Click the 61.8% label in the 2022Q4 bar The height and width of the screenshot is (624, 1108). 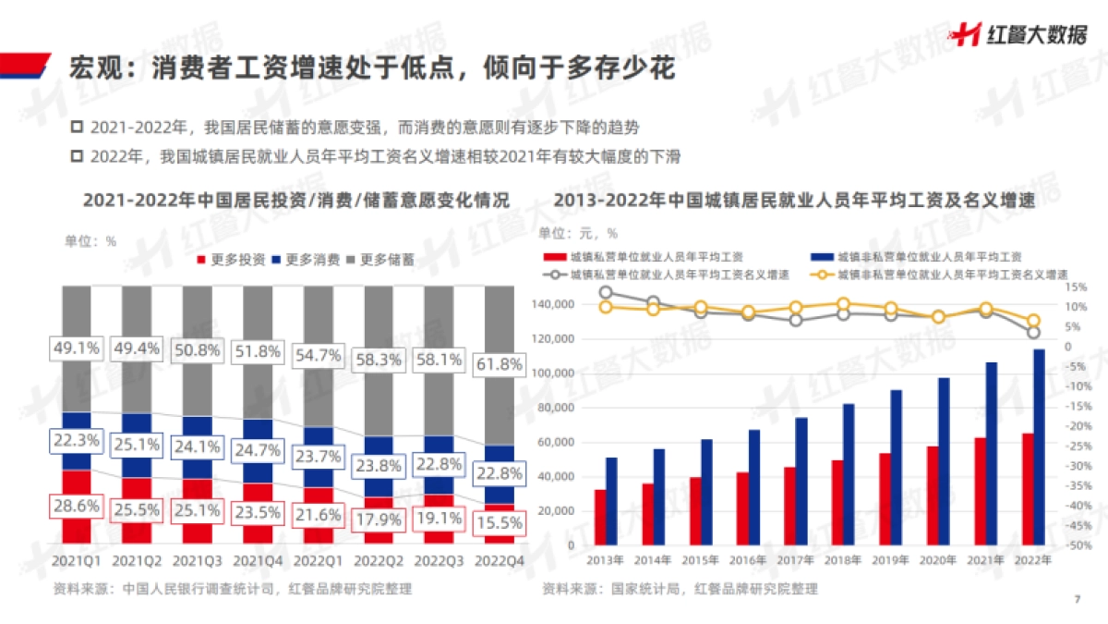pyautogui.click(x=499, y=365)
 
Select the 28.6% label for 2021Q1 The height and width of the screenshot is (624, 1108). pyautogui.click(x=77, y=507)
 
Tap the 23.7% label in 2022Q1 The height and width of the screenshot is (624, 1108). pyautogui.click(x=319, y=457)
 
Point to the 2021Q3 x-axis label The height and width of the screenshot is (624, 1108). pyautogui.click(x=198, y=560)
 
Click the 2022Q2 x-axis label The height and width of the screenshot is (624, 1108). pyautogui.click(x=379, y=560)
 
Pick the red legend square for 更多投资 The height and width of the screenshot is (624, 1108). pyautogui.click(x=202, y=260)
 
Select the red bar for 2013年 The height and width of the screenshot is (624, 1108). pyautogui.click(x=600, y=517)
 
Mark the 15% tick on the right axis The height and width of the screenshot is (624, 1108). pyautogui.click(x=1073, y=287)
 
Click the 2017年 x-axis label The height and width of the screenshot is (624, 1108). pyautogui.click(x=795, y=560)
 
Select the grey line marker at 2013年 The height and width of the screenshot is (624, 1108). pyautogui.click(x=606, y=293)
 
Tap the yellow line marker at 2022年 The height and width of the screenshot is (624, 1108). pyautogui.click(x=1034, y=321)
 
